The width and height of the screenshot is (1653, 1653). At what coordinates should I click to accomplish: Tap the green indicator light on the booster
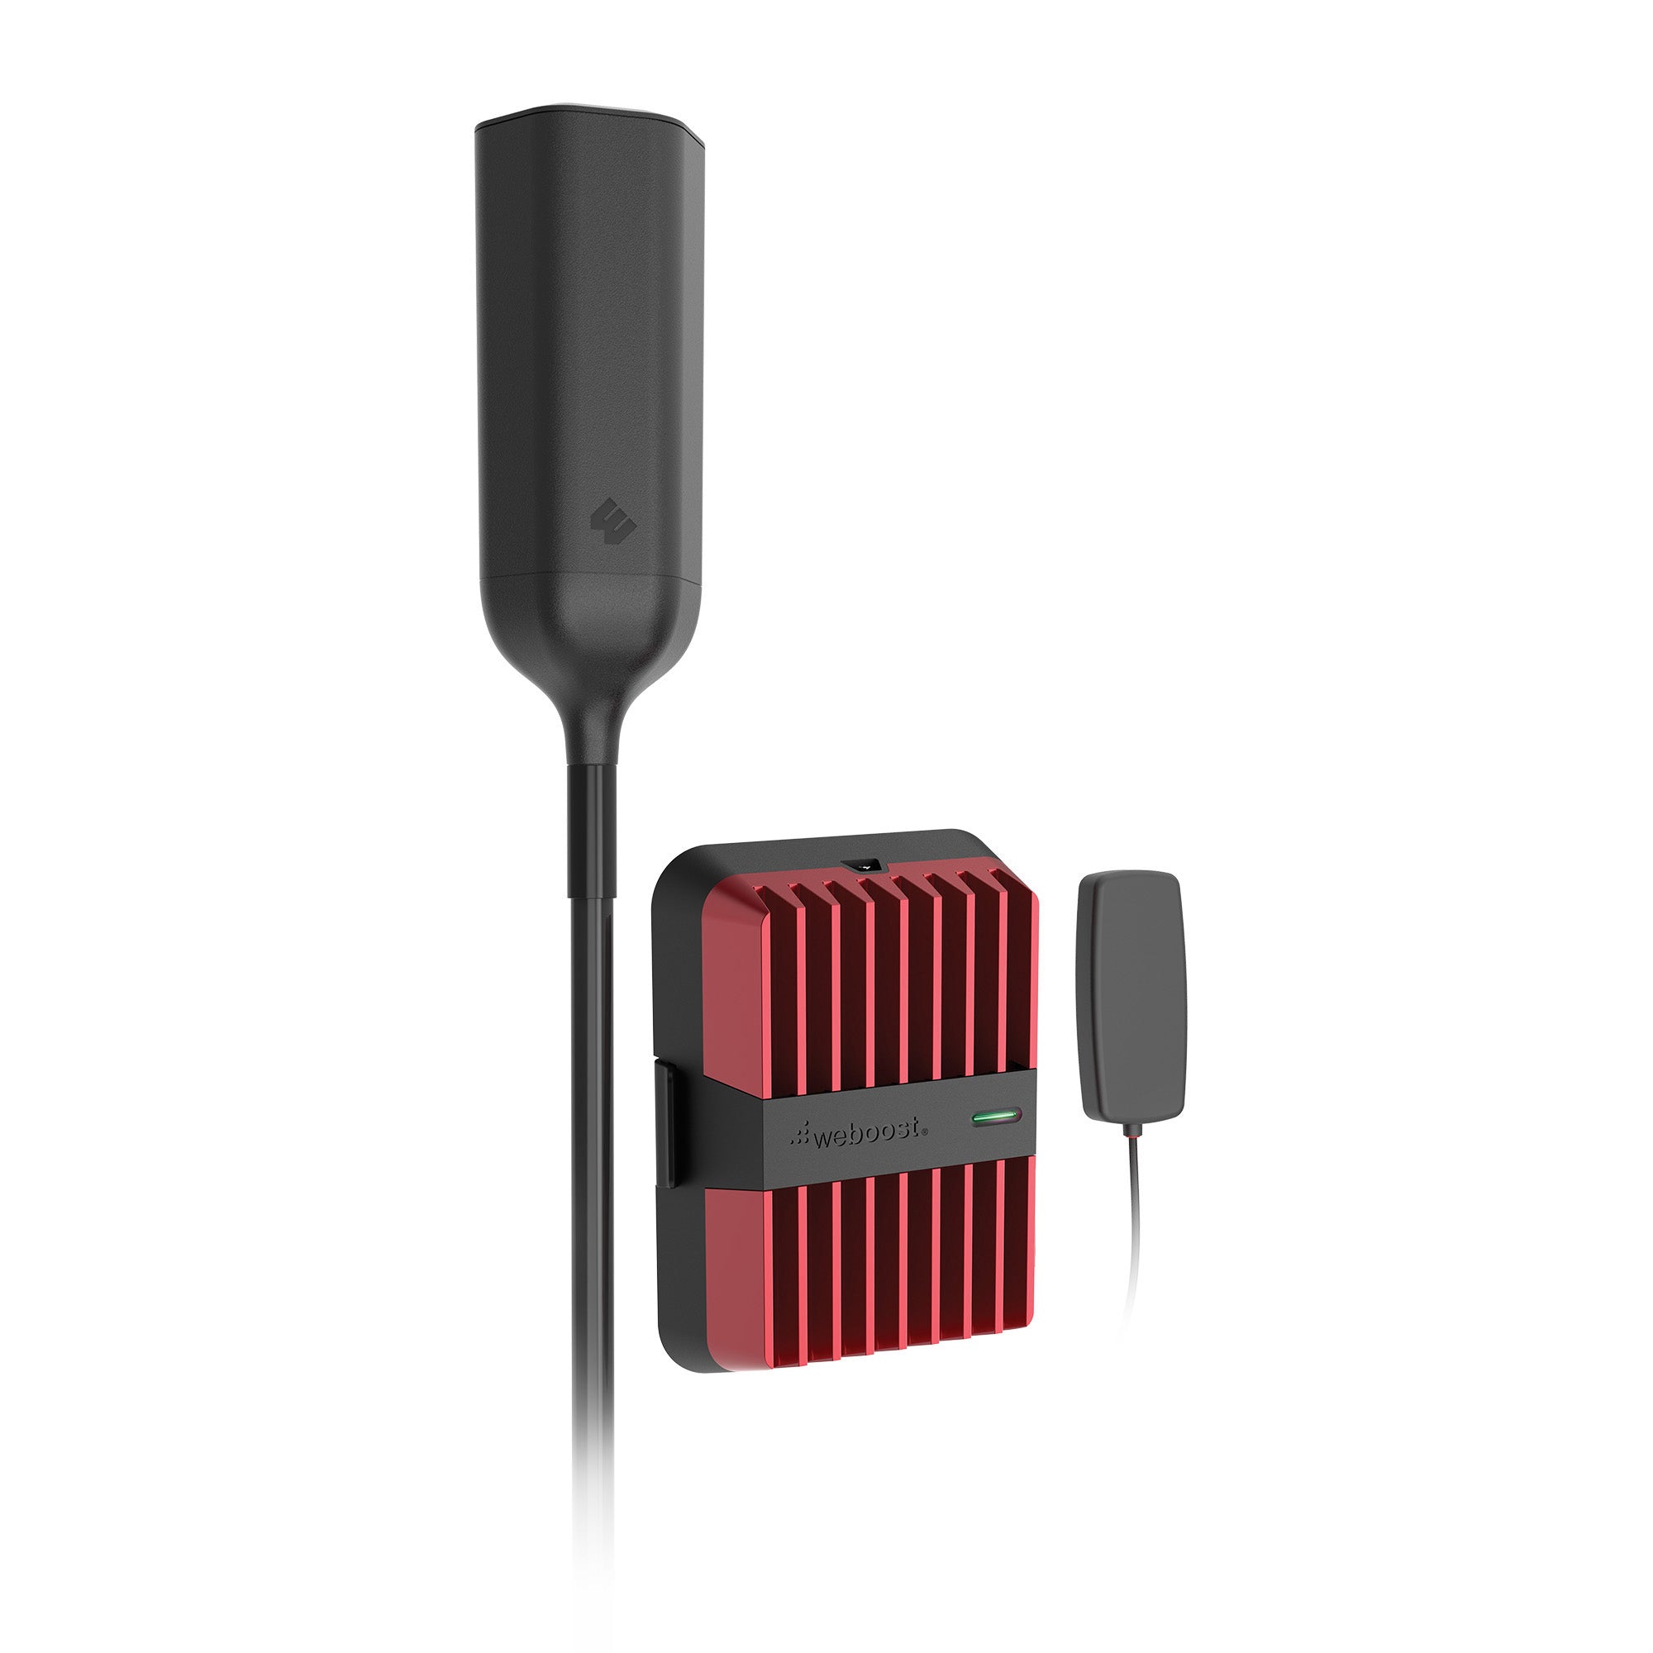pos(996,1117)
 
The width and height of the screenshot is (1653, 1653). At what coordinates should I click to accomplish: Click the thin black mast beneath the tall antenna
pos(592,1155)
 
